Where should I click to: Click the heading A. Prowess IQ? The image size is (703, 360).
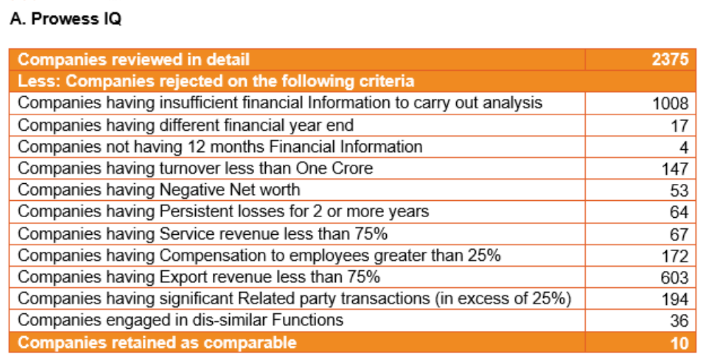tap(66, 19)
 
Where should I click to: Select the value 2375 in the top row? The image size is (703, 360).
tap(670, 59)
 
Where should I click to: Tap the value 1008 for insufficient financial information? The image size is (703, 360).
tap(670, 104)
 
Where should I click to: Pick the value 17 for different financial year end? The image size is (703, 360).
tap(679, 126)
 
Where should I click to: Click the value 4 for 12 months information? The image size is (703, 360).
tap(683, 147)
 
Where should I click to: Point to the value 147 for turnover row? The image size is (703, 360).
tap(674, 169)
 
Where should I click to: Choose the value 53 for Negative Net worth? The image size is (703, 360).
tap(679, 190)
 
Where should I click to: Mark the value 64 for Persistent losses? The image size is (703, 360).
tap(679, 212)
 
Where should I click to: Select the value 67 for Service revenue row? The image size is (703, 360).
tap(679, 234)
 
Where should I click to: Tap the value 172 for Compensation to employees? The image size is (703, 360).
tap(674, 255)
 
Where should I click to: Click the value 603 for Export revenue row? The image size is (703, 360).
tap(674, 277)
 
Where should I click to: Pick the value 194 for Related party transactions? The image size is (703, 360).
tap(674, 299)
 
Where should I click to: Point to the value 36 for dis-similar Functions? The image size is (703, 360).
tap(679, 320)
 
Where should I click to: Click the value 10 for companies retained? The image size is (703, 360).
tap(679, 343)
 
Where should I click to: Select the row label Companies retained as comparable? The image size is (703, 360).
tap(157, 343)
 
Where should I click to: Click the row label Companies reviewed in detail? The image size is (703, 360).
tap(134, 59)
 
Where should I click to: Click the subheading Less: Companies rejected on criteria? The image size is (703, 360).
tap(216, 81)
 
